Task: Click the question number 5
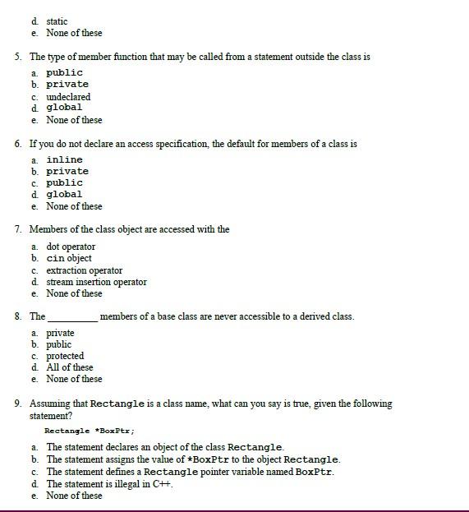point(18,58)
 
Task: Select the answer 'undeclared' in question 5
point(68,97)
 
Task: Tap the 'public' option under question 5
point(64,73)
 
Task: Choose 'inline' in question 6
point(64,160)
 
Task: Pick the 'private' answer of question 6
point(67,172)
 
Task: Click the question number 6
point(18,144)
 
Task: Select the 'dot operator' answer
point(71,247)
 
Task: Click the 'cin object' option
point(69,259)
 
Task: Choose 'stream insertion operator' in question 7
point(96,282)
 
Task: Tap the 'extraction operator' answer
point(84,270)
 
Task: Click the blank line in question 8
point(73,318)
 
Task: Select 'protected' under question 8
point(65,356)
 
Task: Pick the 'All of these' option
point(70,367)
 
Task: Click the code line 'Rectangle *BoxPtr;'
point(89,431)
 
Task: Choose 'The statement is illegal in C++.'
point(109,484)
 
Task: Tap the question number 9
point(18,404)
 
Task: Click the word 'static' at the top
point(57,21)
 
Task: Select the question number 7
point(18,230)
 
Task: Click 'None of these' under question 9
point(74,496)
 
